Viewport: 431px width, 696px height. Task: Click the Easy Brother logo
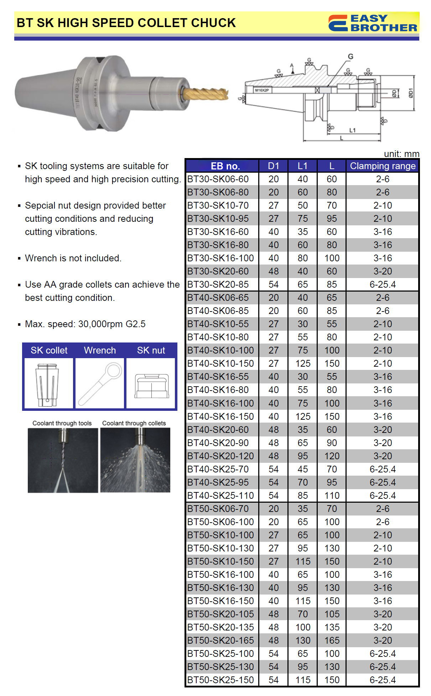point(373,23)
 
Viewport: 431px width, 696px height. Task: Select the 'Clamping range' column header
point(383,166)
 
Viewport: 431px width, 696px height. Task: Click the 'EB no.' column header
point(225,166)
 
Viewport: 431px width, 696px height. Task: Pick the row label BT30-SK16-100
point(220,258)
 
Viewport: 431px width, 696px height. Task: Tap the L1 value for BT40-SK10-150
point(302,363)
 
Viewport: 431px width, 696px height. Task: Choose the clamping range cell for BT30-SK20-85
point(383,284)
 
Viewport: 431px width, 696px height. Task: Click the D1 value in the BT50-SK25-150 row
point(273,680)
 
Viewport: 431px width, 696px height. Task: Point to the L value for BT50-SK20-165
point(332,640)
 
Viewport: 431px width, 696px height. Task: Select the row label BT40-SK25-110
point(220,496)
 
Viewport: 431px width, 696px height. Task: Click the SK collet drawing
point(48,384)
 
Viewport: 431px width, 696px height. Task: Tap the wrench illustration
point(100,383)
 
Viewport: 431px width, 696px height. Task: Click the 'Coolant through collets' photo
point(135,460)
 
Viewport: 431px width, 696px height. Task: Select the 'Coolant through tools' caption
point(62,423)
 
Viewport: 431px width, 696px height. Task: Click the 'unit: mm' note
point(401,154)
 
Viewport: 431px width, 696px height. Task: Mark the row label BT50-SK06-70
point(218,509)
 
